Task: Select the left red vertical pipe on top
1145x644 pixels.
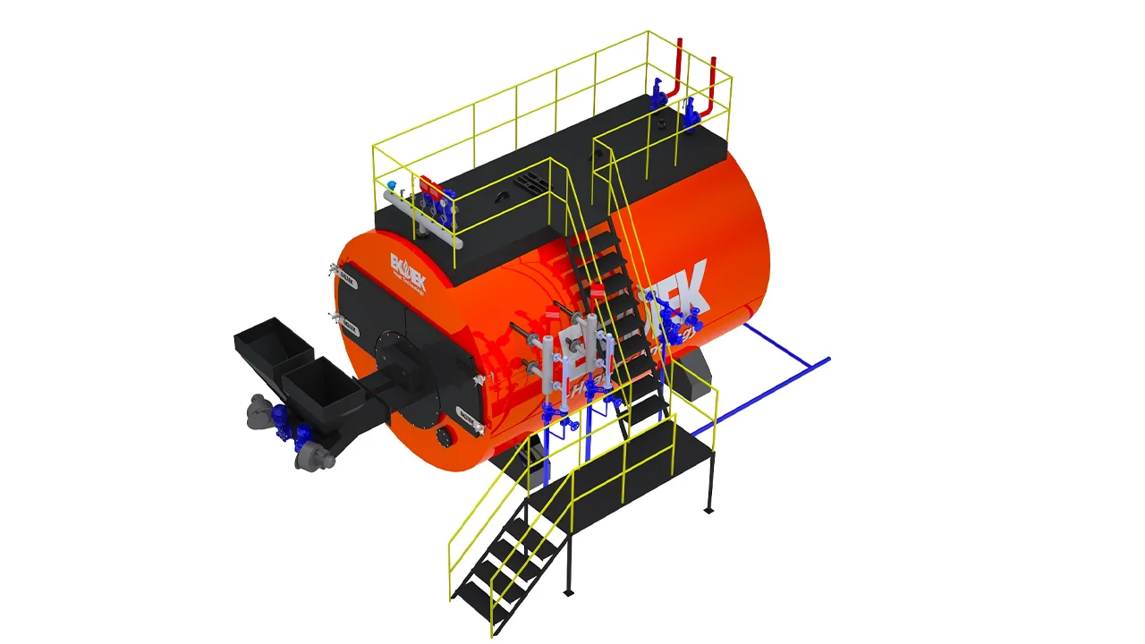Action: pos(680,67)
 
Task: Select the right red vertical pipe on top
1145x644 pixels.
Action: pos(713,80)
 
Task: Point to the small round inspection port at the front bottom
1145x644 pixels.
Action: pos(445,436)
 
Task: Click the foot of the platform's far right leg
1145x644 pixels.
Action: pos(708,510)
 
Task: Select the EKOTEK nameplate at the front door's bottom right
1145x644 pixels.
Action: pos(467,412)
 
